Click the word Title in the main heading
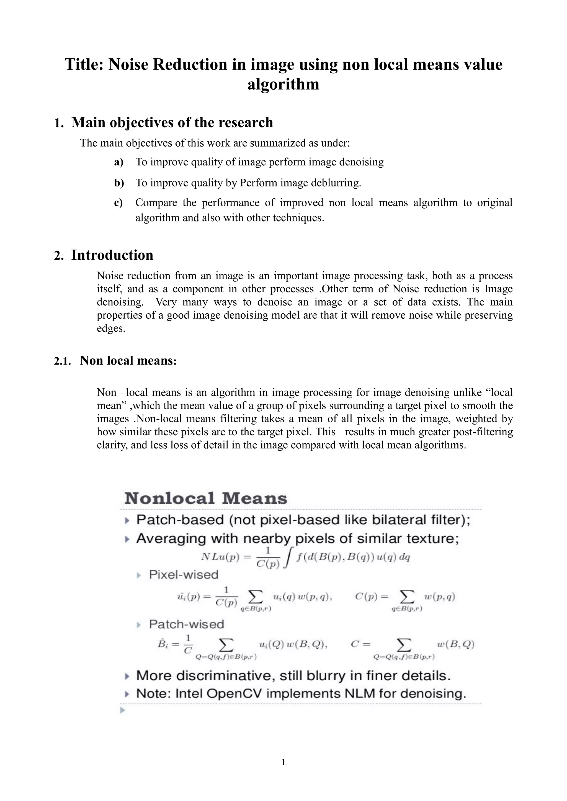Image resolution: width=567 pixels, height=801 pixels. click(84, 65)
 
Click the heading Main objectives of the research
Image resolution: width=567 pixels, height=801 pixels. click(172, 123)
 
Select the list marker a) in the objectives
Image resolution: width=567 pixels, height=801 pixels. click(119, 162)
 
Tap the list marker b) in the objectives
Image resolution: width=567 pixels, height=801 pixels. click(119, 183)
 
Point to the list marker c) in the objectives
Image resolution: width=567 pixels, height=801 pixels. click(118, 203)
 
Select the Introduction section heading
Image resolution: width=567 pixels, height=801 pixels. click(112, 255)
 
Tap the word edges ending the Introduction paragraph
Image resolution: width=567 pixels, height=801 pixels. click(110, 329)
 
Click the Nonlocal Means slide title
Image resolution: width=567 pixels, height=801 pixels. click(206, 498)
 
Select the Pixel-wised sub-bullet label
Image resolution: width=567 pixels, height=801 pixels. click(183, 574)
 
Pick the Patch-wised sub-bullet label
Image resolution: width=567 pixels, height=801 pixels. click(186, 624)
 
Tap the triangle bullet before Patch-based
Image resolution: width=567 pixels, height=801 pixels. click(127, 521)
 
